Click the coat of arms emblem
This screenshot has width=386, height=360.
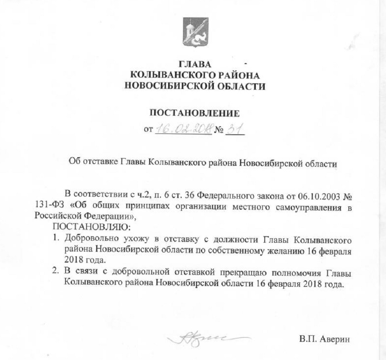(x=196, y=32)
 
